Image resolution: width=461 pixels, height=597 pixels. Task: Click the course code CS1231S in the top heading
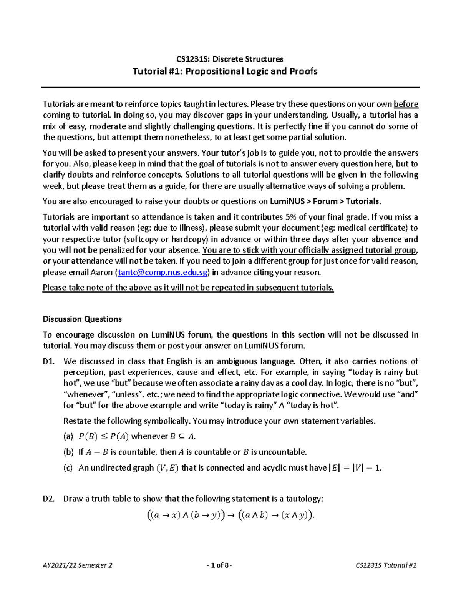click(192, 59)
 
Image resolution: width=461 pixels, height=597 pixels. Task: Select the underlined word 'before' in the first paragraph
click(406, 104)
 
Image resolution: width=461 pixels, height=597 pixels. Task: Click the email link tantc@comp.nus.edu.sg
click(163, 273)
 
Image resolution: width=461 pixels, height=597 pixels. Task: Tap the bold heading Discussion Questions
click(82, 319)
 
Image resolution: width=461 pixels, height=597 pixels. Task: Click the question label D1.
click(48, 361)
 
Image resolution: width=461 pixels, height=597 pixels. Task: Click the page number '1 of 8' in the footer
click(219, 565)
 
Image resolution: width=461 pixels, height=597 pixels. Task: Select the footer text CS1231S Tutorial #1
click(386, 565)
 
